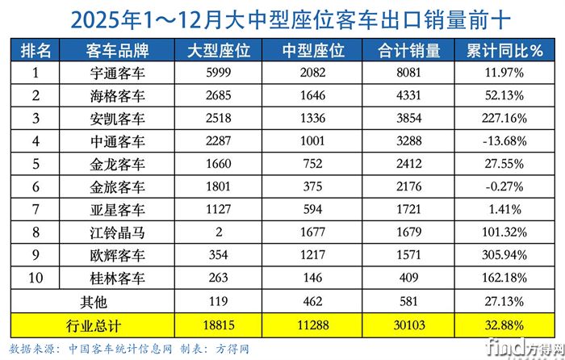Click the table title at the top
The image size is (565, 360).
coord(282,18)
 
